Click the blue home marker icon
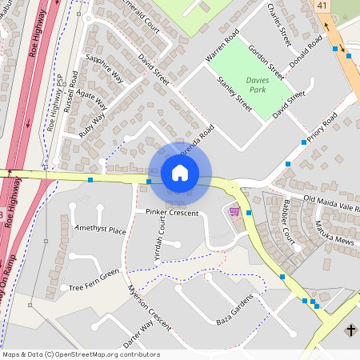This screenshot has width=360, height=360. [180, 173]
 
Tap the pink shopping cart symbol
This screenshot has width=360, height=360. [234, 211]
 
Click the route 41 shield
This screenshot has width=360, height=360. [322, 6]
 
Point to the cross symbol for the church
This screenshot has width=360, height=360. [350, 330]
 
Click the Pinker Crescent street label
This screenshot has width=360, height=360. [171, 212]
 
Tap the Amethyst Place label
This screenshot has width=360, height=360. [101, 230]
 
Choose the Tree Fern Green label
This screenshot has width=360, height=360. [94, 280]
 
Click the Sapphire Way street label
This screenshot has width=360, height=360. [105, 69]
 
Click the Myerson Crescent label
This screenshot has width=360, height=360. [150, 309]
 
